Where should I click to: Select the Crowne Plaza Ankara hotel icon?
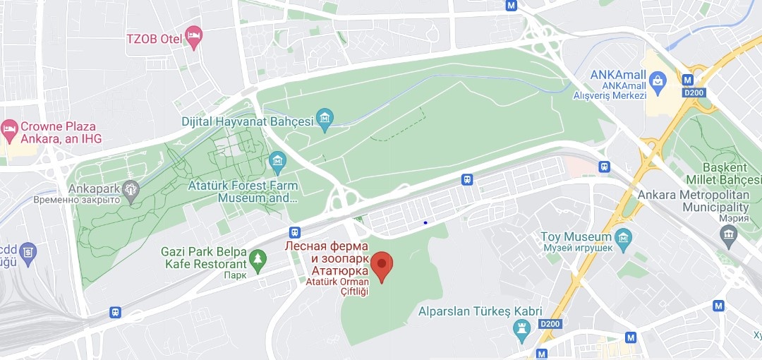click(9, 128)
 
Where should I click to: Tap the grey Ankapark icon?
click(130, 188)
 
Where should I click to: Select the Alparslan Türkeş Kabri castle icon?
click(522, 328)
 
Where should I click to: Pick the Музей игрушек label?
click(576, 248)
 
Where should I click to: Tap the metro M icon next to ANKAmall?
click(687, 79)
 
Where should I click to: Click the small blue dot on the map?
click(425, 222)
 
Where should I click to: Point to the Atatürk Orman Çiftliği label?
click(337, 287)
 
